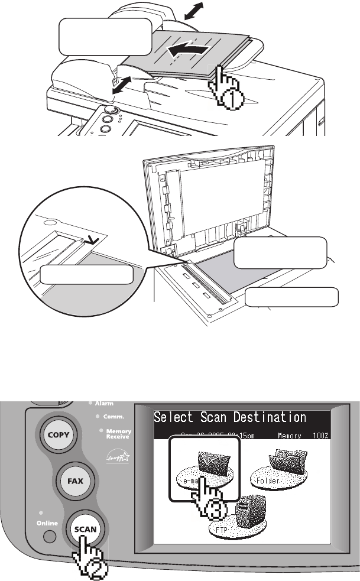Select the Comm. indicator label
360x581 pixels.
coord(113,417)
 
